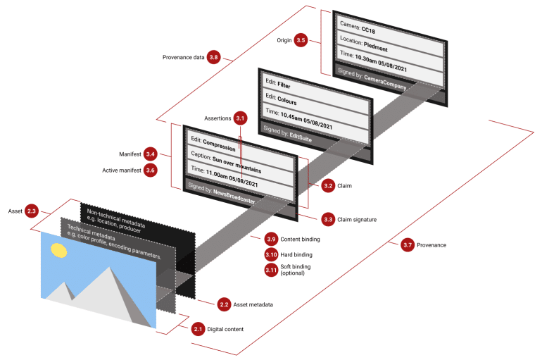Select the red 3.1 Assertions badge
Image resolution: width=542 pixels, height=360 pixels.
pyautogui.click(x=240, y=118)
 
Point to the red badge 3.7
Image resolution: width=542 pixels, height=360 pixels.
pyautogui.click(x=407, y=245)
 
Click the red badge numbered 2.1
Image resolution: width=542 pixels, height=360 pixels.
pyautogui.click(x=198, y=329)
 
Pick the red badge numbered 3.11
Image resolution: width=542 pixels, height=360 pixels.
pyautogui.click(x=271, y=271)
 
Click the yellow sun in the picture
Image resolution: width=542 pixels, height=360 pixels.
pyautogui.click(x=58, y=249)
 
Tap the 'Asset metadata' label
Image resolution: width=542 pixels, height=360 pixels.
pyautogui.click(x=253, y=304)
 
